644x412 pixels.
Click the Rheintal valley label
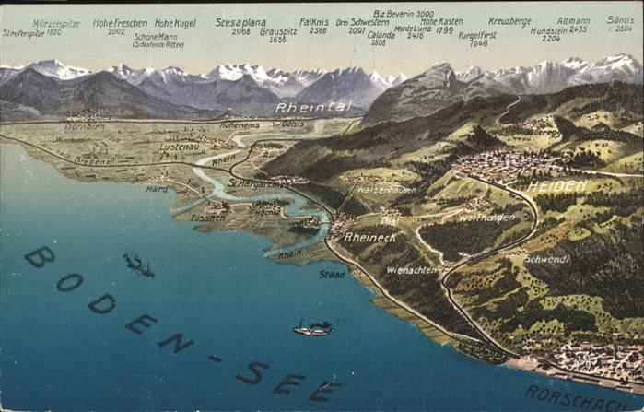coord(313,108)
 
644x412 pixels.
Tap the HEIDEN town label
coord(556,186)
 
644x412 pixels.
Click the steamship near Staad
coord(314,328)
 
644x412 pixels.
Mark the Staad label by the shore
coord(332,274)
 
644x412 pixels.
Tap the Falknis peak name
coord(314,20)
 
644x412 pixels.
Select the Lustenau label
coord(179,147)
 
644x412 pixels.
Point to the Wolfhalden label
coord(486,218)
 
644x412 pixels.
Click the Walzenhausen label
coord(386,189)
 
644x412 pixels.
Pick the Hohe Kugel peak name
coord(174,22)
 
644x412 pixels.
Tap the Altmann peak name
coord(573,19)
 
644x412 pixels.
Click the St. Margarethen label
coord(260,182)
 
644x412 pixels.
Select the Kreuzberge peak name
coord(509,20)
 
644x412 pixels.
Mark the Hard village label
coord(157,188)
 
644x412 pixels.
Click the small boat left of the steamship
coord(138,265)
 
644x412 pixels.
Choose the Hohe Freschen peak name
coord(119,21)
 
